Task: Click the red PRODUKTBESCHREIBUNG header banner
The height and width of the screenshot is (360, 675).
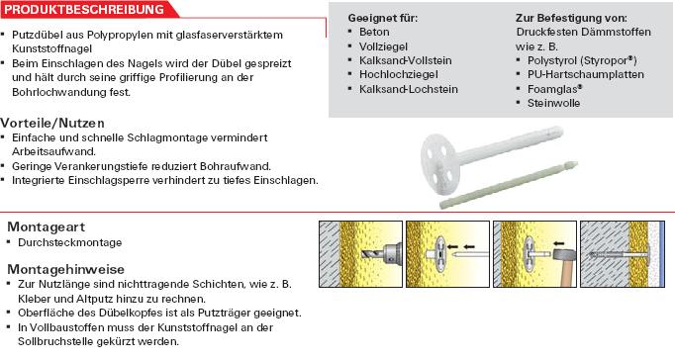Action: [x=88, y=10]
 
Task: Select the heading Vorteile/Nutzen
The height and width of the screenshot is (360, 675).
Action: [x=52, y=123]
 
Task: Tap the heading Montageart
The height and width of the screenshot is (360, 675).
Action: [x=47, y=226]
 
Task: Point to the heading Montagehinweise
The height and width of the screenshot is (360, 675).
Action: [x=66, y=269]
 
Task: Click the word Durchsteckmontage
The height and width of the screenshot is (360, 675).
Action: [x=69, y=242]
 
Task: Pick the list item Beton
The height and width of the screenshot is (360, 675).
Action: [x=374, y=32]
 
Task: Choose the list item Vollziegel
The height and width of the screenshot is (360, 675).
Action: [x=383, y=46]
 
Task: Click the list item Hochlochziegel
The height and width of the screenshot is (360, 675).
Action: [x=399, y=74]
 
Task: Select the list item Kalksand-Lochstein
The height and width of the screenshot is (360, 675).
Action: [x=409, y=89]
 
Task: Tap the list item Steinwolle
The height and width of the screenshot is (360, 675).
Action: [x=553, y=103]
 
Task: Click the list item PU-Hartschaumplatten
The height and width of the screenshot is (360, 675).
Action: [x=586, y=74]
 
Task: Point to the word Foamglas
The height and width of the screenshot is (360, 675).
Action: [x=553, y=89]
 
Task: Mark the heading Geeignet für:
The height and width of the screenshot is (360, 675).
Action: [x=383, y=18]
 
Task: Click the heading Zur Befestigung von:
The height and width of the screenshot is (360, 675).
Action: [x=571, y=18]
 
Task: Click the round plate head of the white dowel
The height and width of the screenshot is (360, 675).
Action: [x=440, y=159]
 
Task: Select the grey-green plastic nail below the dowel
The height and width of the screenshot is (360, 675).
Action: [x=508, y=185]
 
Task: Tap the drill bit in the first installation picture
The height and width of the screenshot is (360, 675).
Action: [x=371, y=254]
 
